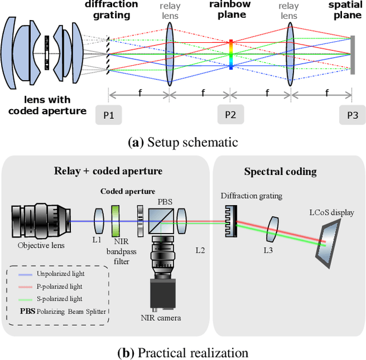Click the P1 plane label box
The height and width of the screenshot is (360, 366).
[109, 115]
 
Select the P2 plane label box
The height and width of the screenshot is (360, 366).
[230, 115]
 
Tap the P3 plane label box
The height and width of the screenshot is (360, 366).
[352, 115]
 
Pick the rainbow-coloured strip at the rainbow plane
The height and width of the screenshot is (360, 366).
[230, 54]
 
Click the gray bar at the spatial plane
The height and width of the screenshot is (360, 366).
[351, 55]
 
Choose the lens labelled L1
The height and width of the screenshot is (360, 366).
[97, 220]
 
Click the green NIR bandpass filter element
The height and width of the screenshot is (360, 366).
[115, 221]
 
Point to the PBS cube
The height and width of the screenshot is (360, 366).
[161, 220]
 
